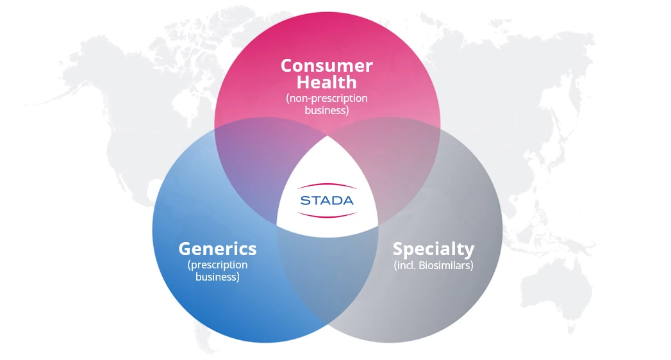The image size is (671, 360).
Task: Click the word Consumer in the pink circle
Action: point(326,65)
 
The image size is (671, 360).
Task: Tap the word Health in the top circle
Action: point(326,82)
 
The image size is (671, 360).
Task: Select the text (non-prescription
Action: point(326,99)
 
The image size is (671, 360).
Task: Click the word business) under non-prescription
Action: point(326,110)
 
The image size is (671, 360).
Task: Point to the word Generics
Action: point(217,249)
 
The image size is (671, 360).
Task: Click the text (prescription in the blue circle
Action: point(217,265)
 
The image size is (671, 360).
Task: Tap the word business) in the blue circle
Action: point(217,277)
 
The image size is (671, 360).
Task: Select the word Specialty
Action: point(433,249)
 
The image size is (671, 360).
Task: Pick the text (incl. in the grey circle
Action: point(405,265)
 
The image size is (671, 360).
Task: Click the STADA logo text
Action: point(327,200)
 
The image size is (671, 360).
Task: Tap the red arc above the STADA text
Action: point(327,185)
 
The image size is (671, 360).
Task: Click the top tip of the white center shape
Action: point(327,136)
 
